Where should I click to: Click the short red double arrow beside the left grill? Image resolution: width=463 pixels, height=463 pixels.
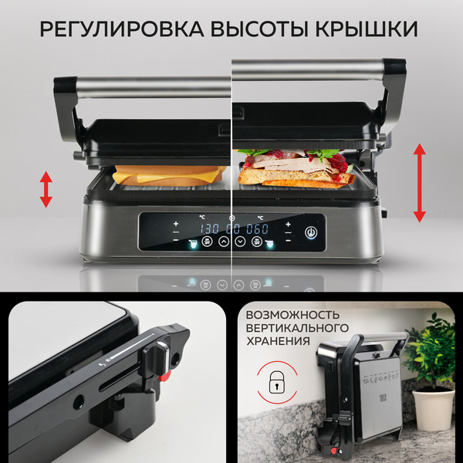[x=46, y=189]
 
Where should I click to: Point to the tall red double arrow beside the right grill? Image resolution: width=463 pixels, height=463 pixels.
[x=420, y=183]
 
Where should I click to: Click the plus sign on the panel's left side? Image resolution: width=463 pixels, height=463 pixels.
[x=176, y=224]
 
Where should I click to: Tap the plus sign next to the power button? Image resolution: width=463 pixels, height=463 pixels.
[x=288, y=224]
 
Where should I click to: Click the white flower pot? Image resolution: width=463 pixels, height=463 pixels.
[x=433, y=407]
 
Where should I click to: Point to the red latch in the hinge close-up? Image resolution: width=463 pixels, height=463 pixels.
[x=164, y=377]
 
